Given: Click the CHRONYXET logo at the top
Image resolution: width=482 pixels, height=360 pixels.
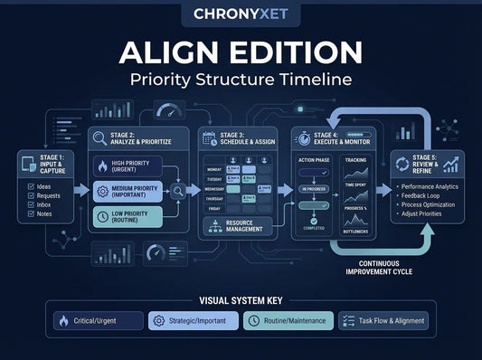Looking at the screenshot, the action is point(241,14).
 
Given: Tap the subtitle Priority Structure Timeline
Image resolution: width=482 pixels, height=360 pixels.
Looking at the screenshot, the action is point(241,79).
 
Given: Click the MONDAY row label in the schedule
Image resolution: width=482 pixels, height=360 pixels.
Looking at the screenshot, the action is point(213,169).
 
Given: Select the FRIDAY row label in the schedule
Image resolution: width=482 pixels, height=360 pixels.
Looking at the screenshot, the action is point(213,207).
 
